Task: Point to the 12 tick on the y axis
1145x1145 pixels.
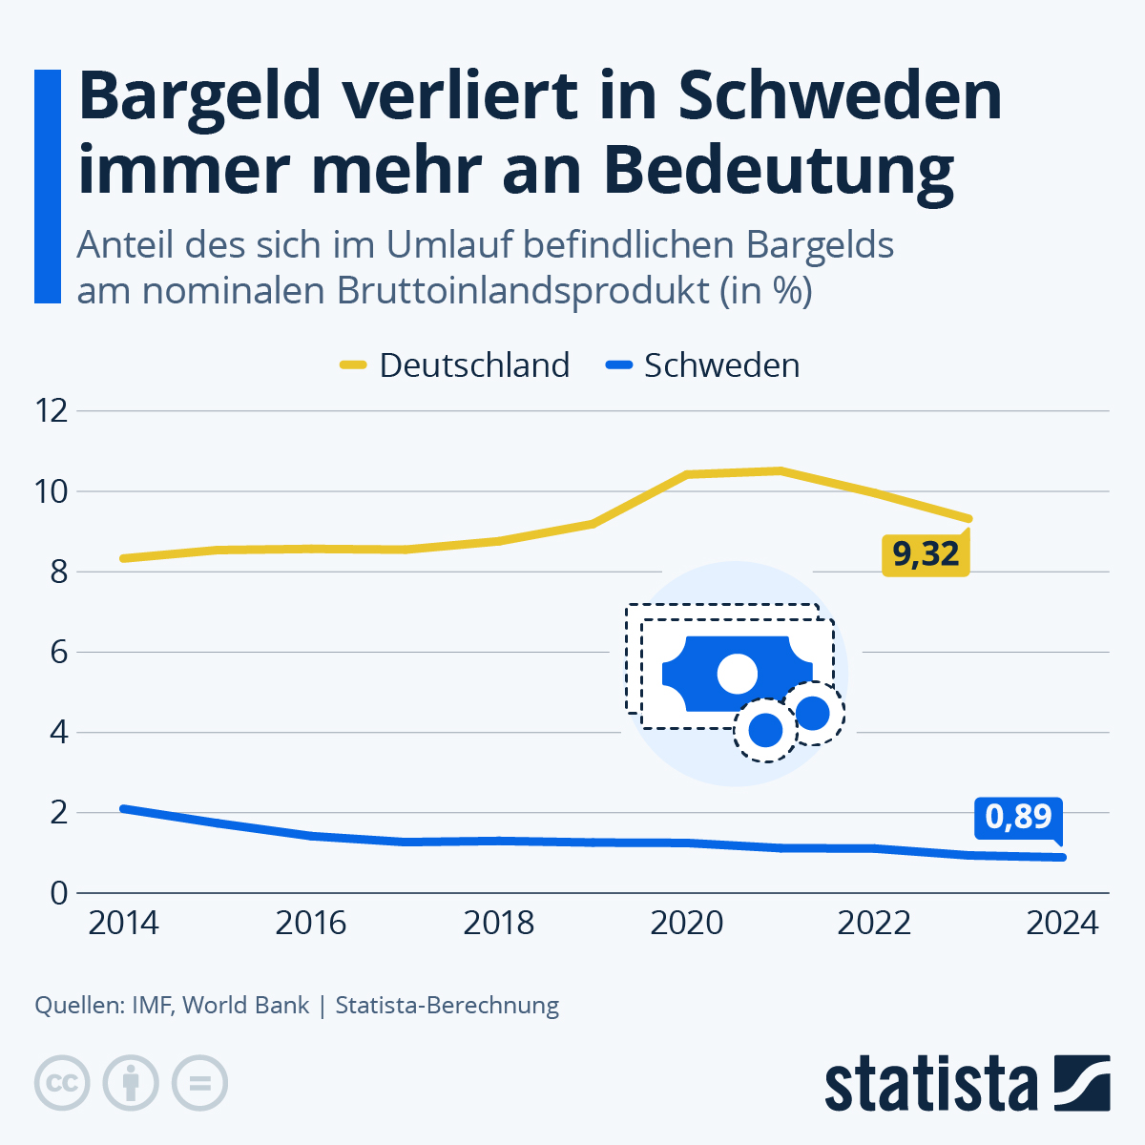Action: (x=52, y=411)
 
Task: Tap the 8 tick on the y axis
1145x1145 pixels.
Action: (x=59, y=572)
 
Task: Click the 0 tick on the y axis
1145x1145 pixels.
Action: (x=59, y=893)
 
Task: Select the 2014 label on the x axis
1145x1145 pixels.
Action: (x=123, y=924)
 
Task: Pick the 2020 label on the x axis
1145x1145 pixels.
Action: (x=686, y=924)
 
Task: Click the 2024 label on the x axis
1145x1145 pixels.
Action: (x=1062, y=924)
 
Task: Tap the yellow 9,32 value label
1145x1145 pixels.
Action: (x=925, y=554)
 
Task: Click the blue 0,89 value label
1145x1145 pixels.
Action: (x=1018, y=817)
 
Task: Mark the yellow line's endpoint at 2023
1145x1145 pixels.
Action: (x=968, y=518)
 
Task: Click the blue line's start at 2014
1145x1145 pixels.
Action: (x=123, y=808)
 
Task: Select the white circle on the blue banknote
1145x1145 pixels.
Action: (x=737, y=674)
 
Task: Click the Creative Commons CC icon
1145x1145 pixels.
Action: (x=62, y=1083)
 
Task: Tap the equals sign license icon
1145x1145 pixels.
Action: (x=199, y=1083)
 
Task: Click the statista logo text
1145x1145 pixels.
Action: (x=930, y=1083)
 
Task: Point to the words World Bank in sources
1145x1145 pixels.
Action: (x=246, y=1005)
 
